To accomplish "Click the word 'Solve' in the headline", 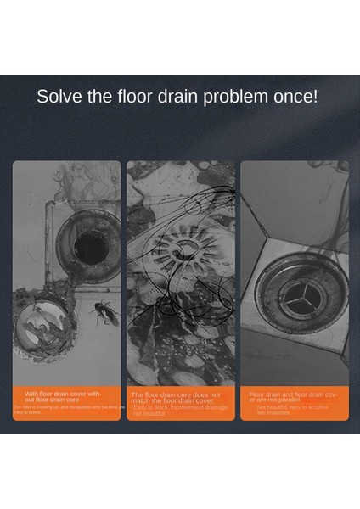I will click(59, 95).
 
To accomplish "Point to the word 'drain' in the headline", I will click(181, 95).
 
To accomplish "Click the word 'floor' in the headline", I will click(139, 95).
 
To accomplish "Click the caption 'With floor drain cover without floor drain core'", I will click(66, 396).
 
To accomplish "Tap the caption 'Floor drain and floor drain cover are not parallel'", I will click(294, 397).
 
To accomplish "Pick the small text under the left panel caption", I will click(66, 408).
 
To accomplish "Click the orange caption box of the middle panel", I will click(180, 402).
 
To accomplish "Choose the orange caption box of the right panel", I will click(294, 402).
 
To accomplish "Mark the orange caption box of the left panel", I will click(66, 402).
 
